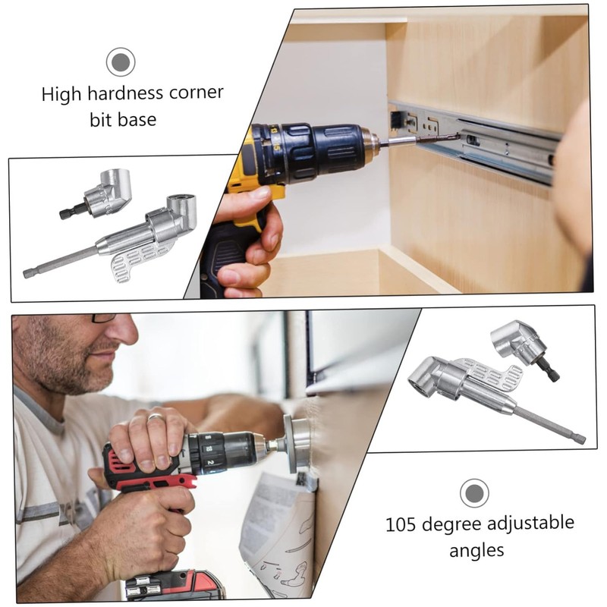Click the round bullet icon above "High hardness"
pyautogui.click(x=120, y=61)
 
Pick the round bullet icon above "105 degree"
pyautogui.click(x=474, y=493)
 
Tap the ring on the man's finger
pyautogui.click(x=155, y=416)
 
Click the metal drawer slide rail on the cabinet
pyautogui.click(x=486, y=140)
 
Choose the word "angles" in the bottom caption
pyautogui.click(x=476, y=550)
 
